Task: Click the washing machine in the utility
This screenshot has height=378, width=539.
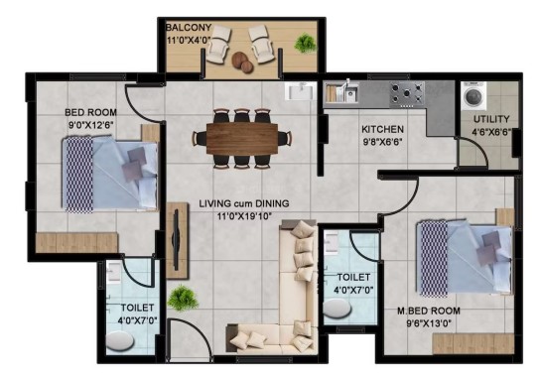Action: pyautogui.click(x=473, y=95)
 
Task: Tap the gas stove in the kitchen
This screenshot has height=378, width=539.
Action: pyautogui.click(x=407, y=94)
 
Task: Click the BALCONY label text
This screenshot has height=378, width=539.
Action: pyautogui.click(x=189, y=27)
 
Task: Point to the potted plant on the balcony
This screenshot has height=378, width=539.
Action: pyautogui.click(x=305, y=43)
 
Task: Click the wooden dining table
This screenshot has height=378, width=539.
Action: pyautogui.click(x=242, y=139)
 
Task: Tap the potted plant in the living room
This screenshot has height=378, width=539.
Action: pyautogui.click(x=183, y=298)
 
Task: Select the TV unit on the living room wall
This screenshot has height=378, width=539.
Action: pyautogui.click(x=178, y=240)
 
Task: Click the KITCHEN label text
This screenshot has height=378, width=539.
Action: pyautogui.click(x=382, y=130)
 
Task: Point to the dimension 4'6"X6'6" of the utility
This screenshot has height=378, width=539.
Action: pyautogui.click(x=492, y=132)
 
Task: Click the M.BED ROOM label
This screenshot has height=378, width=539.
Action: pyautogui.click(x=429, y=311)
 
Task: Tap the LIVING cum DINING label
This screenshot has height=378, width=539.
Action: pyautogui.click(x=244, y=203)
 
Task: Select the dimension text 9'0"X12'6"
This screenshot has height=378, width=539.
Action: pyautogui.click(x=91, y=125)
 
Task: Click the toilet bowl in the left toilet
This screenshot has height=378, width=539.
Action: pyautogui.click(x=120, y=341)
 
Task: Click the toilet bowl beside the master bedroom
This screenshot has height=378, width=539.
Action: pyautogui.click(x=337, y=309)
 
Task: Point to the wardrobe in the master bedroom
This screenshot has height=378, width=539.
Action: pyautogui.click(x=473, y=343)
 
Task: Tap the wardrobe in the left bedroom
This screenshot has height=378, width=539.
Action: pyautogui.click(x=77, y=243)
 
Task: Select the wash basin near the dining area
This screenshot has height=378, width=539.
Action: pyautogui.click(x=301, y=91)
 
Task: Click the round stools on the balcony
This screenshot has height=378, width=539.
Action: pyautogui.click(x=242, y=63)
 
